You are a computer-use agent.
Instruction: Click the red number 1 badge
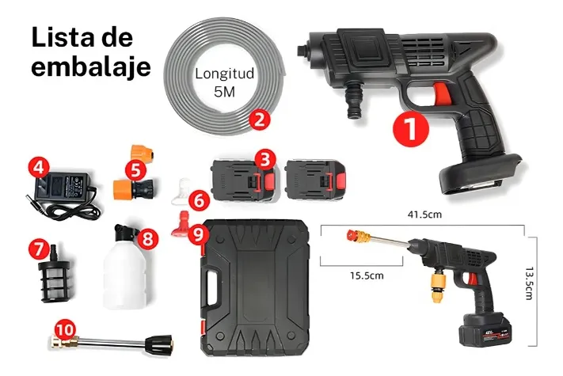click(411, 129)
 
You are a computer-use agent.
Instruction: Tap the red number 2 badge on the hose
click(260, 120)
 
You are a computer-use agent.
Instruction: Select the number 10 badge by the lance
click(66, 330)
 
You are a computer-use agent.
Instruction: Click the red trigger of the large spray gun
click(439, 96)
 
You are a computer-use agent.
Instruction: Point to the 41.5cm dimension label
click(424, 215)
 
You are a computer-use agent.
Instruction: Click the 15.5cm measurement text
click(367, 276)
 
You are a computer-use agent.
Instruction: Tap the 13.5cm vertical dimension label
click(528, 283)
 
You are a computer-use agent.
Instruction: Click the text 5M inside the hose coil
click(224, 92)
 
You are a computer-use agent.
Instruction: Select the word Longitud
click(224, 74)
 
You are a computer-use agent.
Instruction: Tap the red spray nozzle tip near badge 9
click(181, 224)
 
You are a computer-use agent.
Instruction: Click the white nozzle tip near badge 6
click(181, 191)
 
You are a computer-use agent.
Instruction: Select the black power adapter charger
click(64, 195)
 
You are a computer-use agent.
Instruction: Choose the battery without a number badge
click(316, 180)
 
